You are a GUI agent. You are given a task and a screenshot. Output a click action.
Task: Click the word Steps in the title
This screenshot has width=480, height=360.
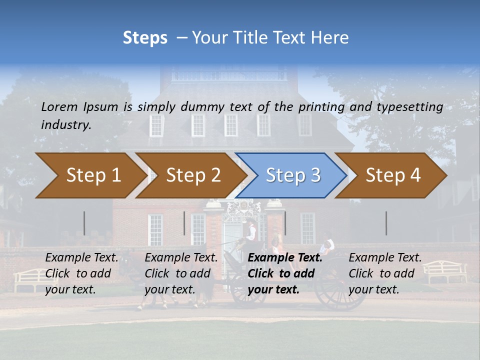(145, 38)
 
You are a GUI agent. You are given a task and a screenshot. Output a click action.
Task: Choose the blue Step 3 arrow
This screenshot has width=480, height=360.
(291, 175)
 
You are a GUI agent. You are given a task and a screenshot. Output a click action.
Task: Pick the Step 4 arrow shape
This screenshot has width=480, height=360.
(391, 175)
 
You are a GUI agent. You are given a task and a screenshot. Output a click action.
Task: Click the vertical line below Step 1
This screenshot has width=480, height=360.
(84, 223)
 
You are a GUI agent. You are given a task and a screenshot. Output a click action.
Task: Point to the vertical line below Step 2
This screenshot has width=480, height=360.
(184, 223)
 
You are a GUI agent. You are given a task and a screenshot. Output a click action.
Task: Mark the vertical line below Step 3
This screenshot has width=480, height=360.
(285, 223)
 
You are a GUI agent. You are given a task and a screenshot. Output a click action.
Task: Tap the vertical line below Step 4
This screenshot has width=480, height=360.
(386, 223)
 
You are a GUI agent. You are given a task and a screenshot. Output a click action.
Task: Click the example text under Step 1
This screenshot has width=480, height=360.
(81, 273)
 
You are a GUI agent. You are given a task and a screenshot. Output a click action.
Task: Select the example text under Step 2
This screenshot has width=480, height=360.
(181, 273)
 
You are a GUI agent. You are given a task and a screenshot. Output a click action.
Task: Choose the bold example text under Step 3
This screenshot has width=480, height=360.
(285, 273)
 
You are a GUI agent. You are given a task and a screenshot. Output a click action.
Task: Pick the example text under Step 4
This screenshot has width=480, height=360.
(385, 273)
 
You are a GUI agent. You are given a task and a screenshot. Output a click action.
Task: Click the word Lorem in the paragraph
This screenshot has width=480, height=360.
(59, 106)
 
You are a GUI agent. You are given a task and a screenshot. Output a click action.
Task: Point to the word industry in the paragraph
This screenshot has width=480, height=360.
(66, 125)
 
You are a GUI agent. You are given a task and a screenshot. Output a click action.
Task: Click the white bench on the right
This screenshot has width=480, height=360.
(445, 271)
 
